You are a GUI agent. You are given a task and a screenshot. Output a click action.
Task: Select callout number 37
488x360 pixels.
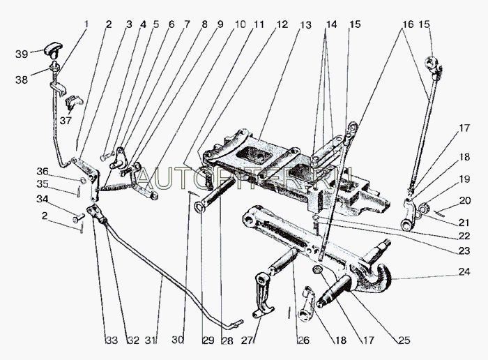[65, 120]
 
